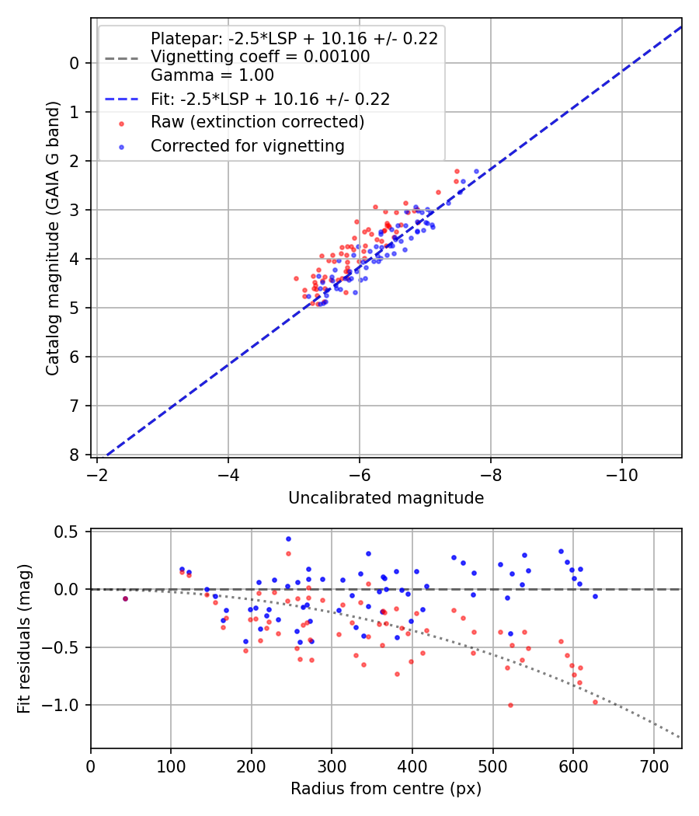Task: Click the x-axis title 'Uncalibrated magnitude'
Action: point(386,498)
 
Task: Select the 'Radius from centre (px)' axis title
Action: point(386,789)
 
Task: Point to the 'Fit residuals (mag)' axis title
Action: point(24,638)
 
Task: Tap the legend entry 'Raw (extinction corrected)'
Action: point(257,122)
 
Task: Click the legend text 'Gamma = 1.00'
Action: point(212,75)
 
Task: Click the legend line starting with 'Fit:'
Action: point(270,99)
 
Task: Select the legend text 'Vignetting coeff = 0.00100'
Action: point(260,57)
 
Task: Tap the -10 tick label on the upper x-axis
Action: point(622,473)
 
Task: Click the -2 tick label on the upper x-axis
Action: point(97,473)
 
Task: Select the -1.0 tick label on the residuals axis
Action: point(64,705)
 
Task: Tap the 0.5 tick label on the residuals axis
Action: point(68,532)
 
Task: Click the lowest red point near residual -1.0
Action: point(510,705)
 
